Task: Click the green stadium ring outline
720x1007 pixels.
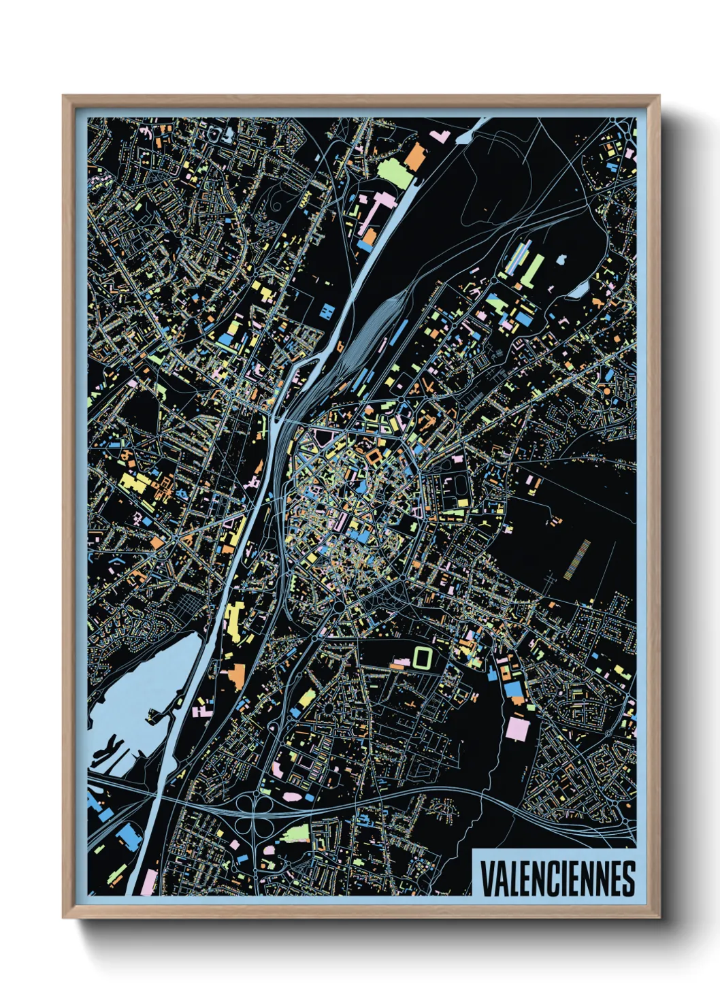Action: (x=422, y=657)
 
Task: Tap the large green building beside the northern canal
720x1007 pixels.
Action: (x=393, y=172)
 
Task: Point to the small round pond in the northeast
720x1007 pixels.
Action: (x=561, y=260)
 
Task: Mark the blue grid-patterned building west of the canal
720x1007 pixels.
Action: (x=327, y=312)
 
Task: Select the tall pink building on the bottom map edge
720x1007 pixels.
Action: (x=148, y=882)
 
